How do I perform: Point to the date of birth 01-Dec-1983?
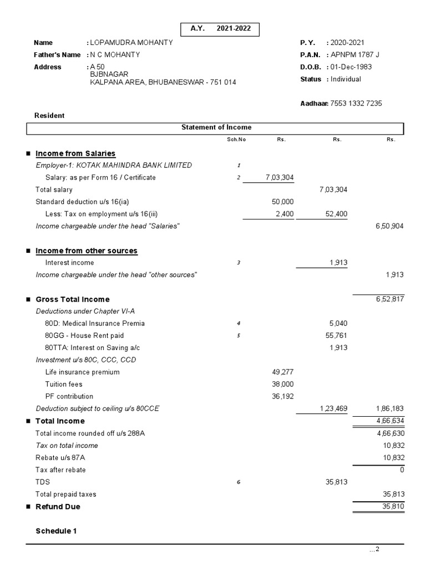coord(351,67)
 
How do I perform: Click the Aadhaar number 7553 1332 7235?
coord(356,103)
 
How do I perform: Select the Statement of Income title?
coord(216,128)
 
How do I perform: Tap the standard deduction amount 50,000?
coord(283,202)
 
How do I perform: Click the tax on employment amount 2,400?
coord(285,214)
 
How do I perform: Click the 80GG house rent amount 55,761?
coord(334,336)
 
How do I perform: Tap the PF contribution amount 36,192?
coord(282,397)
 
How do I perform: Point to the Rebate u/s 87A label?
coord(60,458)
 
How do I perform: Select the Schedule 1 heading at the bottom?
coord(56,531)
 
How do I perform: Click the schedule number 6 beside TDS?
coord(239,482)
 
